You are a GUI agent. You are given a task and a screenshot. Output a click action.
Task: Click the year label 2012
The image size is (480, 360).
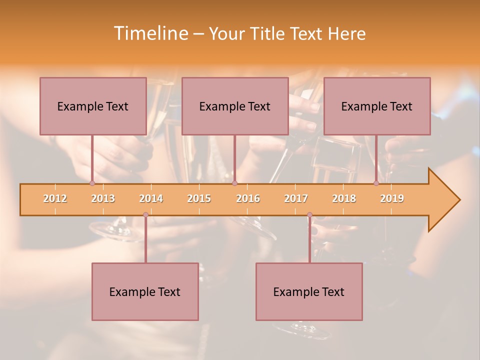[x=55, y=198]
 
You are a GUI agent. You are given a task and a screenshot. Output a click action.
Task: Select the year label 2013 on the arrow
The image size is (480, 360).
[x=103, y=198]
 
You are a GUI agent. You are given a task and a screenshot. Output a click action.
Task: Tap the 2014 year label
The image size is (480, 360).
[x=151, y=198]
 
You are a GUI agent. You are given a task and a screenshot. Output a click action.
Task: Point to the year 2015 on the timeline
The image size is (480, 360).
[x=199, y=198]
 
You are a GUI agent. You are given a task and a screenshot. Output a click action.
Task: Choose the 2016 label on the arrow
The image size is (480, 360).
[x=248, y=198]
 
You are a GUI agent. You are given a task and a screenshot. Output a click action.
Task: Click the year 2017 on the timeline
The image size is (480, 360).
[x=296, y=198]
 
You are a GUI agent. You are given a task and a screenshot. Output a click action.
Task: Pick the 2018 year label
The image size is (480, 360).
[x=344, y=198]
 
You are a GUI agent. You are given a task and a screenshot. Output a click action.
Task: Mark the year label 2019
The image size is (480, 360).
[x=392, y=198]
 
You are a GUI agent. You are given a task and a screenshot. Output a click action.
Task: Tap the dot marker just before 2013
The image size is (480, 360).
[x=92, y=183]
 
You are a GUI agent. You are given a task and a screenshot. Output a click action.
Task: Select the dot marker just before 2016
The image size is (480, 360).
[x=234, y=183]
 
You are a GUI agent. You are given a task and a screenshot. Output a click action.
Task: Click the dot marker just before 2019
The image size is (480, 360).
[x=376, y=183]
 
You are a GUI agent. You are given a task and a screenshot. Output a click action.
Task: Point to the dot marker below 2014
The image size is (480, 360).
[x=145, y=215]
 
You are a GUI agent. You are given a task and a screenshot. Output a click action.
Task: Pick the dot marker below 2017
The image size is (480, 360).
[x=309, y=215]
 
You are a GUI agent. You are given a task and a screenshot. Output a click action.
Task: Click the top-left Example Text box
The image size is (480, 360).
[x=93, y=106]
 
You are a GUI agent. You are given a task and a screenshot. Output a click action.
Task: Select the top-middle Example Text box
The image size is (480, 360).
[x=235, y=106]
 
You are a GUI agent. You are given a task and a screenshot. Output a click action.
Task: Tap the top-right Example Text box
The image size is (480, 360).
[x=377, y=106]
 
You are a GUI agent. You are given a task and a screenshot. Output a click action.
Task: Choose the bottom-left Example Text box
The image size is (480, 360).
[x=145, y=291]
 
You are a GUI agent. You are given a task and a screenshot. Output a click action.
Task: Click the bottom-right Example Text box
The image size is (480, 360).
[x=309, y=291]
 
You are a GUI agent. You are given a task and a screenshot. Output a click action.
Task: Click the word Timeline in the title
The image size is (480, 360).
[x=150, y=33]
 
